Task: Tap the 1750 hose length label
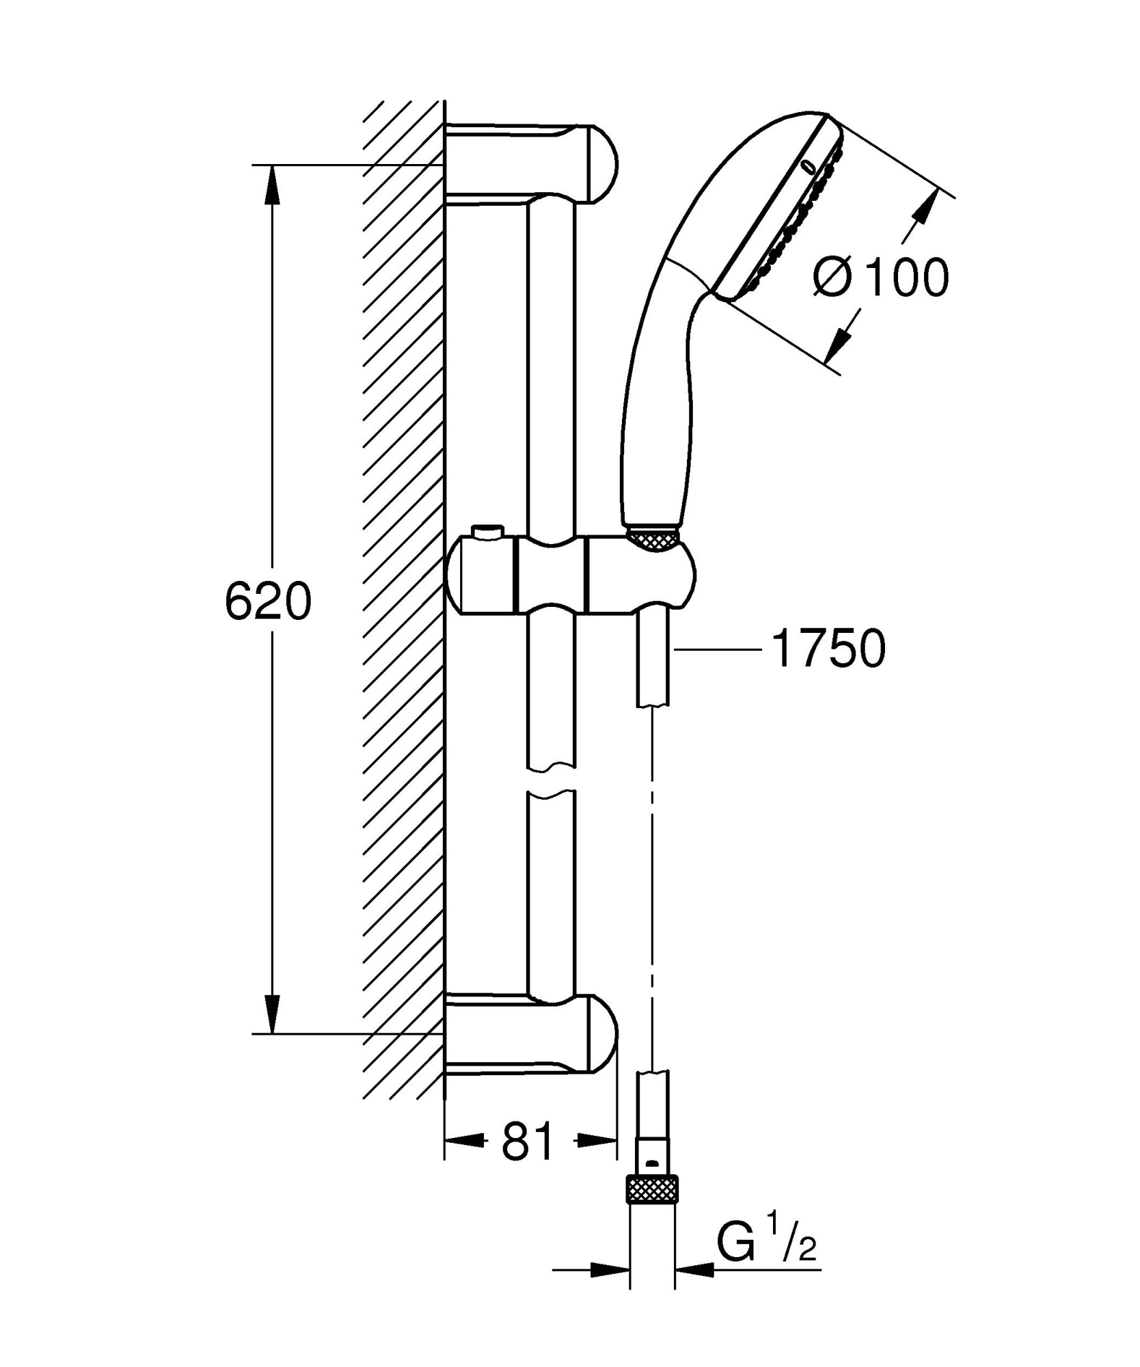click(828, 649)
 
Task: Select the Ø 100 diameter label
click(882, 278)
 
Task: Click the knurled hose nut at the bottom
click(653, 1190)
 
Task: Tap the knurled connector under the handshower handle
click(652, 539)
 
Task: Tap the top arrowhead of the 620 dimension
click(272, 185)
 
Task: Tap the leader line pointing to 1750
click(718, 649)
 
